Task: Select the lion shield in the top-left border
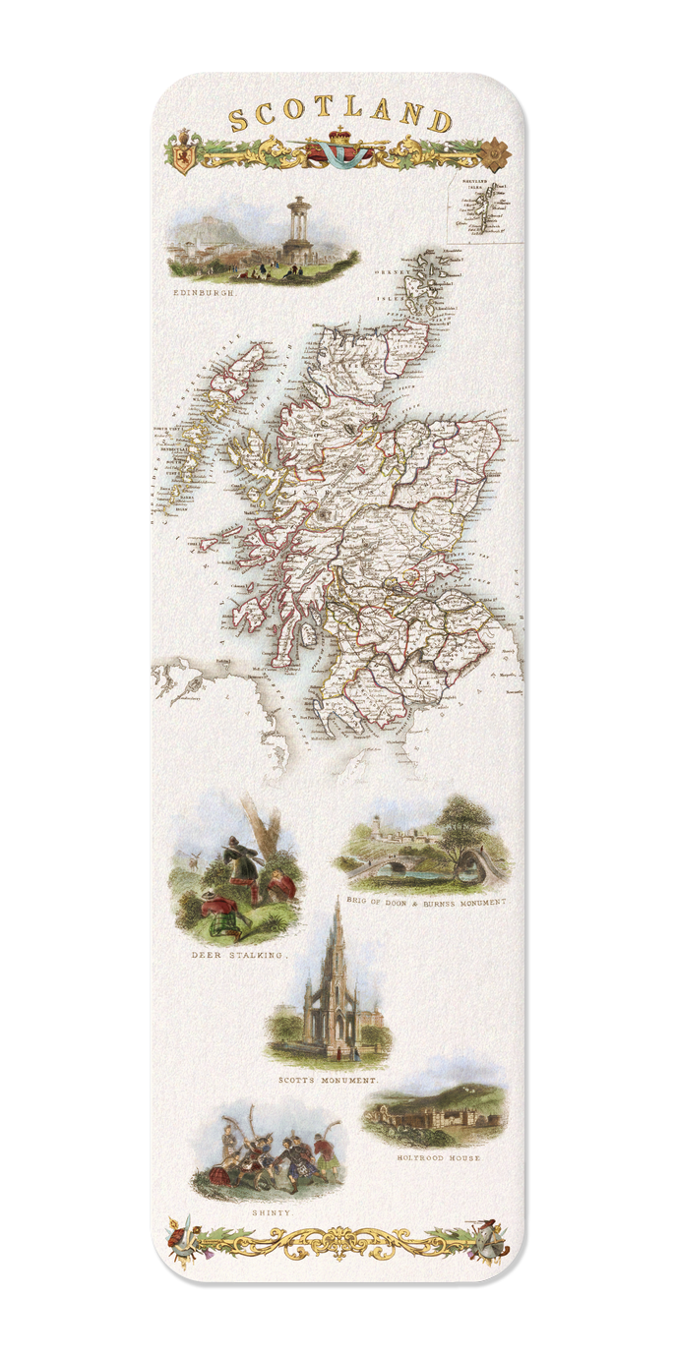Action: click(181, 156)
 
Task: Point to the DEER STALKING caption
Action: click(239, 955)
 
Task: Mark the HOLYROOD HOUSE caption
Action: click(438, 1158)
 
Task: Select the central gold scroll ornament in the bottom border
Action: click(339, 1240)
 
